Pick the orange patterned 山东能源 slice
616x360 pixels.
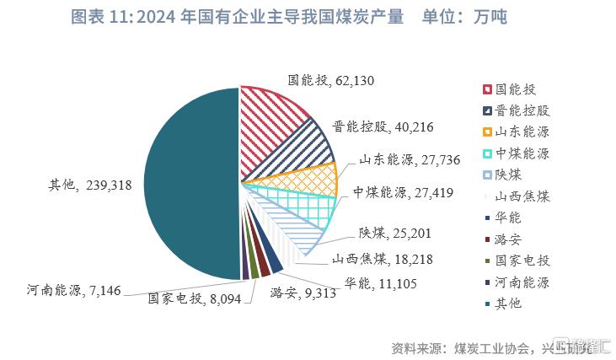308,178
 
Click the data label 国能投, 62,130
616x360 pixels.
331,81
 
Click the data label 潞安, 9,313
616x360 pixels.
303,293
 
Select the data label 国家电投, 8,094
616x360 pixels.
195,298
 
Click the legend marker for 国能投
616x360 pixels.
487,89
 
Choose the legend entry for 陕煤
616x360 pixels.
508,175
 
